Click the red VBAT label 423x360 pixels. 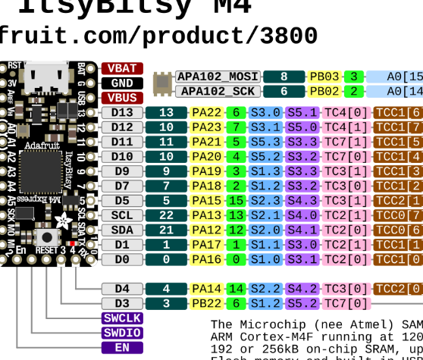point(122,69)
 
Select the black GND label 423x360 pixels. point(122,83)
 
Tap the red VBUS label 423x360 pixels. point(122,98)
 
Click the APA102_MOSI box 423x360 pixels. point(218,77)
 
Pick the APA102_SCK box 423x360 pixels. point(218,91)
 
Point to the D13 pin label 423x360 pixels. point(122,113)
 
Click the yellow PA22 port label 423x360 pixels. point(205,113)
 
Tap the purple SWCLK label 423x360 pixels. point(122,318)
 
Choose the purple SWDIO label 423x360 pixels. point(122,333)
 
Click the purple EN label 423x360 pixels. point(122,347)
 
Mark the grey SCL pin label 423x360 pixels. point(122,215)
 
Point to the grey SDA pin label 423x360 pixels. point(122,230)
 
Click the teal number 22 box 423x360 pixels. point(166,215)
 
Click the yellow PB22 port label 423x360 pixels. point(205,303)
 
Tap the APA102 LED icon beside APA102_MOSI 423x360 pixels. point(162,83)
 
